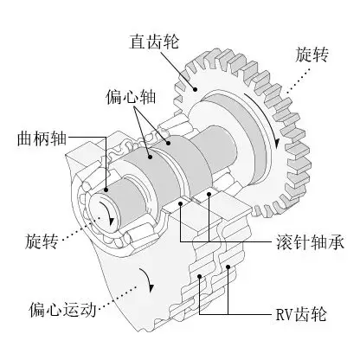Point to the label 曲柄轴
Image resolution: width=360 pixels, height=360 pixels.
tap(40, 138)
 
